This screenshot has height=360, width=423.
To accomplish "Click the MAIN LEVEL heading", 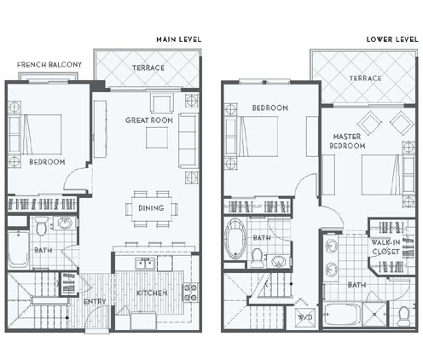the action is pyautogui.click(x=179, y=39).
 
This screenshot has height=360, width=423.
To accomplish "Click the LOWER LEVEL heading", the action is pyautogui.click(x=392, y=39).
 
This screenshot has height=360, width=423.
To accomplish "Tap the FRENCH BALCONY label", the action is pyautogui.click(x=49, y=65).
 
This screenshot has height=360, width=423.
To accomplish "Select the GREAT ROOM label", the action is pyautogui.click(x=149, y=120).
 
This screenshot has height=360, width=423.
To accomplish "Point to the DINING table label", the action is pyautogui.click(x=151, y=208).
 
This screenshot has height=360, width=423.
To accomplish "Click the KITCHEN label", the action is pyautogui.click(x=152, y=293).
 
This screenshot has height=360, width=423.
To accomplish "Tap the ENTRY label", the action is pyautogui.click(x=95, y=301).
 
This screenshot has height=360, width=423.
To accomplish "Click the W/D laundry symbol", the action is pyautogui.click(x=305, y=317).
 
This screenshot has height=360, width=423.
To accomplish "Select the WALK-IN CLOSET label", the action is pyautogui.click(x=385, y=247).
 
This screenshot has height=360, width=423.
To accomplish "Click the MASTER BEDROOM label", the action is pyautogui.click(x=347, y=142).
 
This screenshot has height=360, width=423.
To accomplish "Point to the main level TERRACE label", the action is pyautogui.click(x=148, y=68).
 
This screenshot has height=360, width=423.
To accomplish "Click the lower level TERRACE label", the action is pyautogui.click(x=366, y=78).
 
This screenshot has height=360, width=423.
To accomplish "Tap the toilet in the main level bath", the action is pyautogui.click(x=42, y=226).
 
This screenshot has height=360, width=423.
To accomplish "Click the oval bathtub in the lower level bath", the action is pyautogui.click(x=235, y=239).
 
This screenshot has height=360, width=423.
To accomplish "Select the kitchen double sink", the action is pyautogui.click(x=145, y=264).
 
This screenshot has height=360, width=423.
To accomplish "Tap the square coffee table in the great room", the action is pyautogui.click(x=157, y=137).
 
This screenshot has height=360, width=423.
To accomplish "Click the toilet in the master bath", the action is pyautogui.click(x=403, y=317).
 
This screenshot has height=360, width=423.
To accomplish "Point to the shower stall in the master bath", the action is pyautogui.click(x=374, y=315).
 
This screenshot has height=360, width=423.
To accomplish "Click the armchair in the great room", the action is pyautogui.click(x=162, y=104).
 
